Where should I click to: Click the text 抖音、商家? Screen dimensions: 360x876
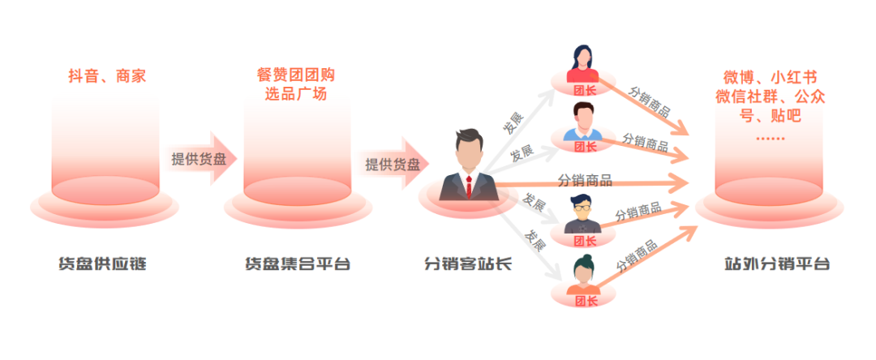point(107,76)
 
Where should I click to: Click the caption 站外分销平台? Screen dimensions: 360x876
point(778,264)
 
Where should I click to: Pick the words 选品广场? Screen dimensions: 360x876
point(296,94)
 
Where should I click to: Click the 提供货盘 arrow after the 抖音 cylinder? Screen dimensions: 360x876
point(200,159)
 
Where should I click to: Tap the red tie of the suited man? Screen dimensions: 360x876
point(469,186)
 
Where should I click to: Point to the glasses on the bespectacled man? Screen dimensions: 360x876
point(585,208)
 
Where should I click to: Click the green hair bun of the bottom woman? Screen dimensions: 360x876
point(585,261)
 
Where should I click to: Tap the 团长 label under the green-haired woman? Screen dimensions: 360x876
point(585,301)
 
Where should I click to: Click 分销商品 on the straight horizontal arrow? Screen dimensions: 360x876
point(585,179)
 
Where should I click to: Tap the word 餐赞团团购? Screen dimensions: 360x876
point(296,75)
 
